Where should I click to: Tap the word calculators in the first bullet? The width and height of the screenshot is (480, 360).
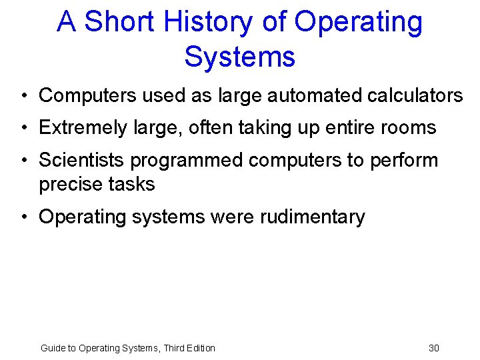pyautogui.click(x=415, y=96)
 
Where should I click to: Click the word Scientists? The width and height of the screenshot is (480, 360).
pyautogui.click(x=82, y=161)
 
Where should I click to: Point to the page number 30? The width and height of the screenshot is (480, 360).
pyautogui.click(x=434, y=348)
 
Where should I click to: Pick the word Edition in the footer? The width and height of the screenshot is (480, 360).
pyautogui.click(x=199, y=348)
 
